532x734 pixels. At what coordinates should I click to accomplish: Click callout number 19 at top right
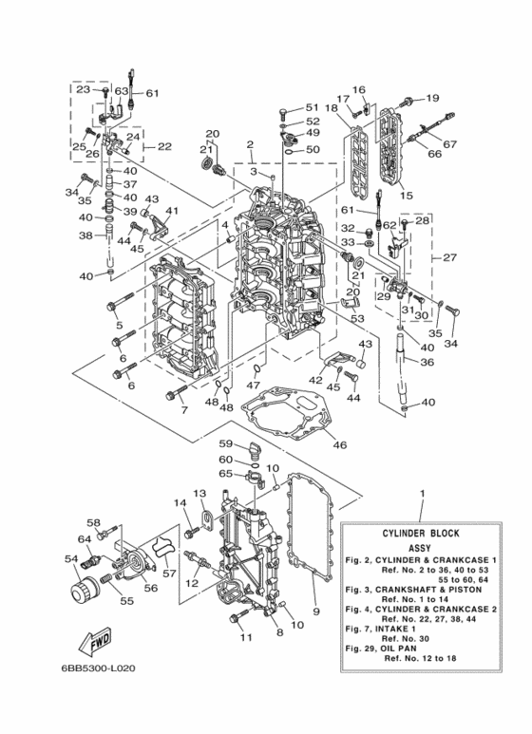pyautogui.click(x=432, y=98)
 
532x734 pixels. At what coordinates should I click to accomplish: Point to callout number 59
pyautogui.click(x=226, y=443)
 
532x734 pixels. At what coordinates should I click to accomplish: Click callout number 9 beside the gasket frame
pyautogui.click(x=316, y=612)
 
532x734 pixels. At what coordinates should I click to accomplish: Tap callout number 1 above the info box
pyautogui.click(x=422, y=493)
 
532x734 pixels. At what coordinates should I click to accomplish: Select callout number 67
pyautogui.click(x=449, y=144)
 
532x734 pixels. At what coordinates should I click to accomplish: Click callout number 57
pyautogui.click(x=168, y=574)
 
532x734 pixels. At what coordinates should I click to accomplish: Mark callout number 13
pyautogui.click(x=200, y=494)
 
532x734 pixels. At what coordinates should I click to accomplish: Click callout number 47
pyautogui.click(x=253, y=386)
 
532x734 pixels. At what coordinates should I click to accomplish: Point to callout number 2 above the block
pyautogui.click(x=249, y=145)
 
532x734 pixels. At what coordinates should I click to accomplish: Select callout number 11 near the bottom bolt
pyautogui.click(x=246, y=637)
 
